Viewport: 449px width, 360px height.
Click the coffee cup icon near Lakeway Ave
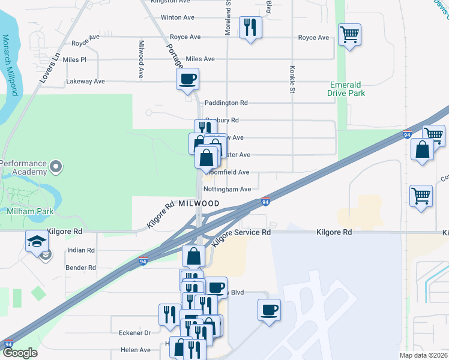(187, 79)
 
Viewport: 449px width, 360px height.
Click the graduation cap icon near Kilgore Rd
(36, 241)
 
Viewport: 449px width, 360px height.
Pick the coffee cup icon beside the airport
(269, 310)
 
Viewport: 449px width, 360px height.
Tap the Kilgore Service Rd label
(241, 236)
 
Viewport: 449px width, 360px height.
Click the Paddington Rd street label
(226, 103)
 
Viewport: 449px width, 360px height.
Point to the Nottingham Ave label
(227, 189)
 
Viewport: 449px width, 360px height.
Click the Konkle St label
(293, 79)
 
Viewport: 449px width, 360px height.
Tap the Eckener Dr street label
(135, 333)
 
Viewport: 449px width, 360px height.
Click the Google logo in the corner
(20, 353)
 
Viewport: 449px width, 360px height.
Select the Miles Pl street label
(74, 60)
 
